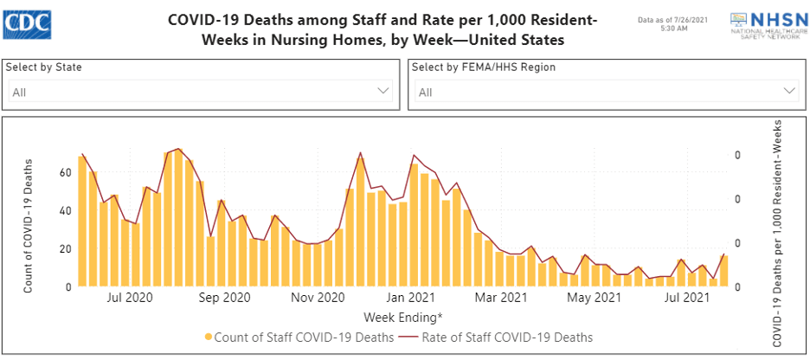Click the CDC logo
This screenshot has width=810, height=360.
(x=27, y=23)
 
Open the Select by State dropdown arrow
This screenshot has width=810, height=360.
(x=384, y=90)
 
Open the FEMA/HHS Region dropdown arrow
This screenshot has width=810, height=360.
(x=789, y=90)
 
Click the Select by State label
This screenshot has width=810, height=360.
(x=44, y=67)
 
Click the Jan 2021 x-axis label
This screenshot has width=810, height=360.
(x=410, y=298)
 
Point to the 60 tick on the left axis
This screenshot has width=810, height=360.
(x=64, y=172)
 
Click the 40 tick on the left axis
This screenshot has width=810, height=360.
(x=64, y=210)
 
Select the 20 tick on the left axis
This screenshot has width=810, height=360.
(x=64, y=248)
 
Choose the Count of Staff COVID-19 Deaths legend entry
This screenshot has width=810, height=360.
(x=299, y=337)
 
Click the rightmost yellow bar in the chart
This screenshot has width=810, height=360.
(x=724, y=271)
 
